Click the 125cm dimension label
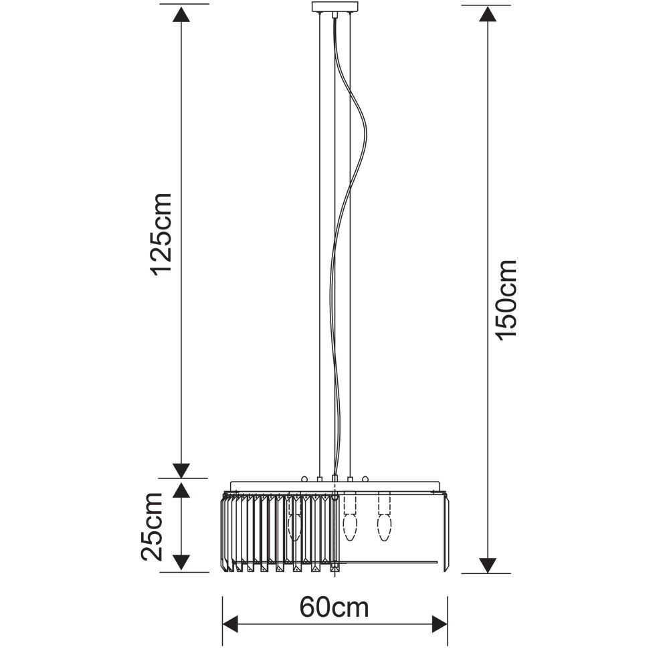(161, 233)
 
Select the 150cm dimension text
(506, 300)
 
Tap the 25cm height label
(153, 527)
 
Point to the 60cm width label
(334, 607)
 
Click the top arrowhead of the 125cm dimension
(181, 15)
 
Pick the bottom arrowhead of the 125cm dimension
(182, 470)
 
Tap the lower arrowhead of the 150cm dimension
(488, 565)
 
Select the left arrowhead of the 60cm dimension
(231, 624)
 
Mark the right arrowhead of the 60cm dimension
(439, 624)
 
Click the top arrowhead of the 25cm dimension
(181, 490)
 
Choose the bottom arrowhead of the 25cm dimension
(181, 563)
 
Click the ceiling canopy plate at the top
(335, 7)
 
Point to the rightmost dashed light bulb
(385, 516)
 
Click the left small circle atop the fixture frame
(304, 479)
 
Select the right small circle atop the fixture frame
(365, 479)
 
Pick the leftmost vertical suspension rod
(320, 244)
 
